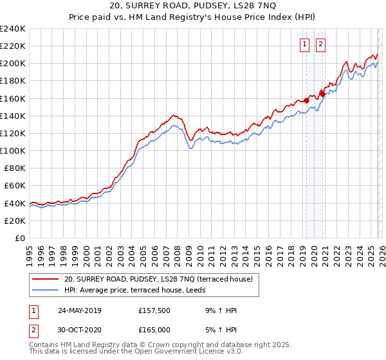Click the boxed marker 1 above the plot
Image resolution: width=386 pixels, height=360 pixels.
tap(304, 44)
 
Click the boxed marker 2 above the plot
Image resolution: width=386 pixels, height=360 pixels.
tap(320, 44)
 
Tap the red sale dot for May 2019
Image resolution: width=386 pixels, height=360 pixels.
tap(306, 100)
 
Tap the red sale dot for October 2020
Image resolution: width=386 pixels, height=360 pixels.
tap(322, 94)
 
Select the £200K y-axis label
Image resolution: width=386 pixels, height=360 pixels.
tap(13, 64)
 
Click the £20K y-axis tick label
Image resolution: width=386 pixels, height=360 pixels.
tap(14, 220)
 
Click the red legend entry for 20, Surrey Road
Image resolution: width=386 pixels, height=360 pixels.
tap(161, 279)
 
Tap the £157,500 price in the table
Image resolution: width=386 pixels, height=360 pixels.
tap(154, 310)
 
